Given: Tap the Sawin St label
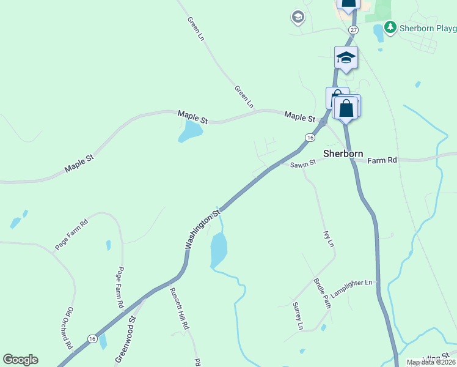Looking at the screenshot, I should pyautogui.click(x=302, y=163).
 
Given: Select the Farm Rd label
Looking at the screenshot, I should pyautogui.click(x=382, y=160).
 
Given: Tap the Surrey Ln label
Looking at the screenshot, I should pyautogui.click(x=298, y=316).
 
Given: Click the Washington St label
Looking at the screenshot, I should pyautogui.click(x=203, y=230).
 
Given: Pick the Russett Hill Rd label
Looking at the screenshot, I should pyautogui.click(x=180, y=309).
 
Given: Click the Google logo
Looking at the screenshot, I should pyautogui.click(x=20, y=360).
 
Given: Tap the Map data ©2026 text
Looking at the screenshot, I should pyautogui.click(x=431, y=362).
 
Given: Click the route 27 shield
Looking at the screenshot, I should pyautogui.click(x=353, y=29).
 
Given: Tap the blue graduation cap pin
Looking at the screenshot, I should pyautogui.click(x=346, y=59).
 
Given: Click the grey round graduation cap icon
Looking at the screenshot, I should pyautogui.click(x=298, y=17).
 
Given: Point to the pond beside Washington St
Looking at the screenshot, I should pyautogui.click(x=218, y=250).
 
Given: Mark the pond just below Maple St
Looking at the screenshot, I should pyautogui.click(x=191, y=130).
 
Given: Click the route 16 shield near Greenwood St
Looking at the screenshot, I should pyautogui.click(x=92, y=338).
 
